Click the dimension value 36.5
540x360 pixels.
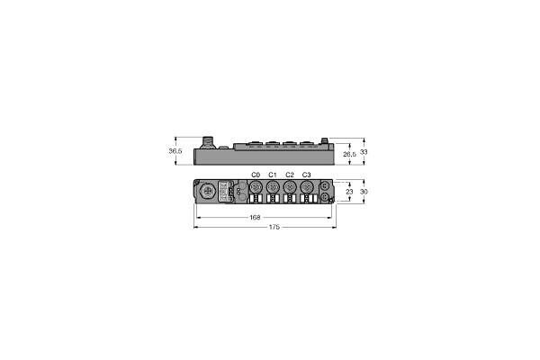[175, 152]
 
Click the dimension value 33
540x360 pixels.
[364, 152]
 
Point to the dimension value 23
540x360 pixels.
[349, 192]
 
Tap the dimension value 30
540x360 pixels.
[364, 192]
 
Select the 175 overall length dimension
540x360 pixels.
[274, 228]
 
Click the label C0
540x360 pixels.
[256, 175]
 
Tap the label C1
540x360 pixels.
[273, 175]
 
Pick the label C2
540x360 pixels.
[290, 175]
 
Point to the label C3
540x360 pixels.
[307, 175]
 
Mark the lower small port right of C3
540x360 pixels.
[324, 198]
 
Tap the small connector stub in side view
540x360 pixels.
[326, 140]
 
